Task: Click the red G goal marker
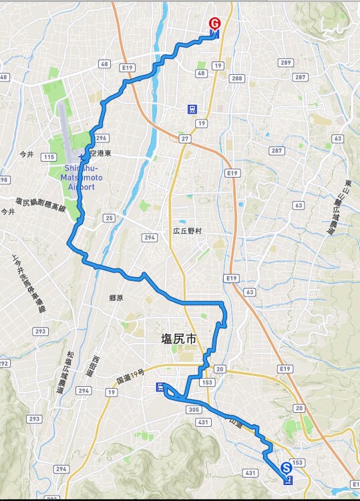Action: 214,22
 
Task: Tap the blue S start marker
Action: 287,468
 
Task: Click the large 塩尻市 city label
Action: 180,339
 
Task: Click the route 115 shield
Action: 48,157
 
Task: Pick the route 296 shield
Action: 102,138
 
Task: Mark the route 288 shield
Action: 236,78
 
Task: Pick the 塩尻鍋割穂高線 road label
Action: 41,204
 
